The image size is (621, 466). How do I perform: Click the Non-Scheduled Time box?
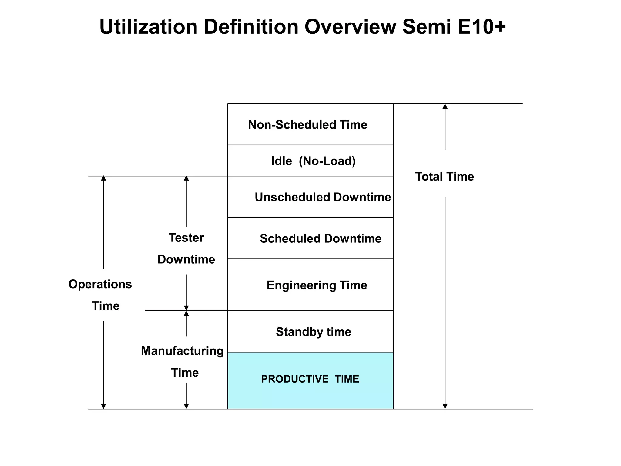coord(310,124)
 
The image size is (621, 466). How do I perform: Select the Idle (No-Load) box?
coord(310,161)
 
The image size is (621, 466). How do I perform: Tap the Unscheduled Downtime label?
coord(323,197)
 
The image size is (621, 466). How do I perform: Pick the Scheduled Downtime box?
coord(310,238)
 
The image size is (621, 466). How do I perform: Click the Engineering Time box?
coord(310,285)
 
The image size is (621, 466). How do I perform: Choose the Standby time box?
coord(310,332)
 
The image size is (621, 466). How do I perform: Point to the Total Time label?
coord(444,177)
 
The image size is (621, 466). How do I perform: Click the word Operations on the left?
coord(100,284)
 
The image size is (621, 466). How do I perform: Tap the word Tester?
coord(186,238)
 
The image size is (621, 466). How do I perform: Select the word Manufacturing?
coord(182,351)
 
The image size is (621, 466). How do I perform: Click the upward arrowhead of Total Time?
coord(445,106)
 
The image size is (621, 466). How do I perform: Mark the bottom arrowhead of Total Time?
coord(445,406)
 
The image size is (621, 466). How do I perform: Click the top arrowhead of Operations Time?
coord(103,178)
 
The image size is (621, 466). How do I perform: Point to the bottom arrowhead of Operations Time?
coord(103,406)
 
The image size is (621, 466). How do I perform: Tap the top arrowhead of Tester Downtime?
coord(186,178)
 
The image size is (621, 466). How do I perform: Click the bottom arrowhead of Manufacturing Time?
coord(186,406)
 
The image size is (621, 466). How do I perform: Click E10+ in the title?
coord(482,27)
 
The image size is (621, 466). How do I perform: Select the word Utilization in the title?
coord(149,27)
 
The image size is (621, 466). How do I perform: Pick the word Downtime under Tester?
coord(186,260)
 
